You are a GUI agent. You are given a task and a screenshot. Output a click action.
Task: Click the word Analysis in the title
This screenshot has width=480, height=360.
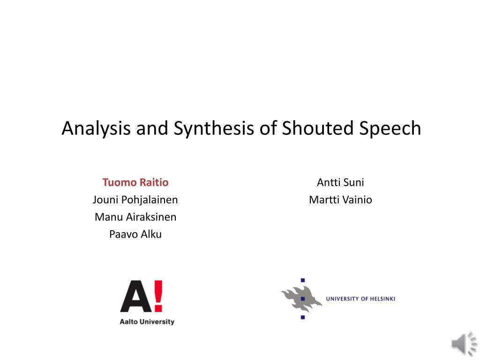click(x=96, y=128)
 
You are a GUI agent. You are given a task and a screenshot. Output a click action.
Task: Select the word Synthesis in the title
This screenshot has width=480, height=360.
click(x=214, y=128)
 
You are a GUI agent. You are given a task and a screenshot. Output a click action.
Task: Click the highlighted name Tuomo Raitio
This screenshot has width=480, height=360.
click(x=135, y=182)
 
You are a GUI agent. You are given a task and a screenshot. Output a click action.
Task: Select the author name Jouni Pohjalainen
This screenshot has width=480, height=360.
click(x=135, y=200)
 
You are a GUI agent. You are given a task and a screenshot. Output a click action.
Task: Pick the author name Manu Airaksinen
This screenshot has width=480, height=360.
click(x=135, y=217)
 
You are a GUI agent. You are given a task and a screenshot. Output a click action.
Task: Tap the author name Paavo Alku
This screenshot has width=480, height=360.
click(x=135, y=234)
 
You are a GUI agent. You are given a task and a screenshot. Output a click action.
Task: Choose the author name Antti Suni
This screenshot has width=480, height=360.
click(x=340, y=182)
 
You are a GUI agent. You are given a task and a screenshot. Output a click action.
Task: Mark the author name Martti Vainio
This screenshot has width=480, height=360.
click(x=340, y=200)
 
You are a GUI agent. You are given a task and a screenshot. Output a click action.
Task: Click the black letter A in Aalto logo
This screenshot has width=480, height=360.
click(x=136, y=296)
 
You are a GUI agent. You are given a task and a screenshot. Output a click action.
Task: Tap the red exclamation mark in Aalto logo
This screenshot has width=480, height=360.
click(x=158, y=296)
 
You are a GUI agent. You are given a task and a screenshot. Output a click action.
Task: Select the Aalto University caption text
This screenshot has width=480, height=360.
click(x=147, y=322)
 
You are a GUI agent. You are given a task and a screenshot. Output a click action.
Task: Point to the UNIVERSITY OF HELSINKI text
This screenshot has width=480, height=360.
click(x=360, y=299)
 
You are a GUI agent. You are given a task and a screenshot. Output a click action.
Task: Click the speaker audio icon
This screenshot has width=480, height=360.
click(x=464, y=345)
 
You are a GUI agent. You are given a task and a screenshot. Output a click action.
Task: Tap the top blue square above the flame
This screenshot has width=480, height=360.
click(x=303, y=280)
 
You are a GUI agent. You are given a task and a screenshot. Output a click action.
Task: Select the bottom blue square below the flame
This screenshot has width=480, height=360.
click(x=303, y=317)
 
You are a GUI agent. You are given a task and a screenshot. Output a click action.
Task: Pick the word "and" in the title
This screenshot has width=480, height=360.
click(x=152, y=128)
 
